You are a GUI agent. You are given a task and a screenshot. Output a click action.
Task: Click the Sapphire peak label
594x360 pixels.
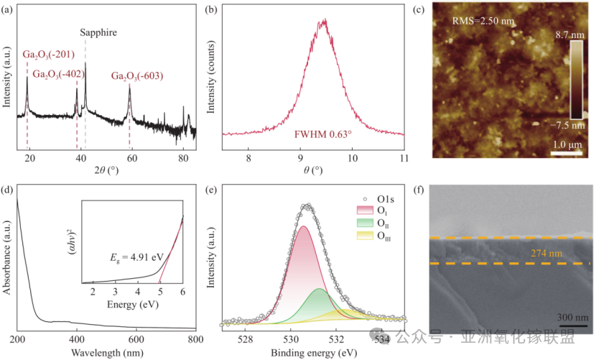click(98, 32)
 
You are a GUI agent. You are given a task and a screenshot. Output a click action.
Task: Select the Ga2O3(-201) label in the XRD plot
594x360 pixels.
click(49, 55)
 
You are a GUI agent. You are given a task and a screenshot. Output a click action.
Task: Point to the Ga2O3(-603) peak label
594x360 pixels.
click(137, 76)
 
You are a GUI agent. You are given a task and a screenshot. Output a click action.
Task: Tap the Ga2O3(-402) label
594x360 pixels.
click(59, 74)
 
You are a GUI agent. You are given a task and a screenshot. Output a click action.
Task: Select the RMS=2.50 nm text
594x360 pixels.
click(483, 21)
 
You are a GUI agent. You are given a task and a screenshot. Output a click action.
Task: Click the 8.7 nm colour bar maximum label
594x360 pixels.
click(570, 35)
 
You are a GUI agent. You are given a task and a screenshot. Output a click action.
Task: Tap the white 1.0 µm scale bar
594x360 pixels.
click(566, 154)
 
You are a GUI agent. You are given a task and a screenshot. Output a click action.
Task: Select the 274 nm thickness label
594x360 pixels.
click(547, 254)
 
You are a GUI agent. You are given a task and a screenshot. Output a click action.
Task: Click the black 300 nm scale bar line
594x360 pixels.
click(572, 325)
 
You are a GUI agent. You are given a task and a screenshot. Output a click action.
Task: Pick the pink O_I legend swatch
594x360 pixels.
click(365, 211)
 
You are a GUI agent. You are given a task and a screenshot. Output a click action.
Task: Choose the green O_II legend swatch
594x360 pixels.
click(365, 223)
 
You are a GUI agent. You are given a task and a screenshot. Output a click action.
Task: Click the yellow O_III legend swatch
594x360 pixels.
click(365, 235)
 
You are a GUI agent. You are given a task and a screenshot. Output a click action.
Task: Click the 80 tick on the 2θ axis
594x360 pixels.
click(183, 158)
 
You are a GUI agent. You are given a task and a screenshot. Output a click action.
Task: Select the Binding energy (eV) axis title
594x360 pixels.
click(314, 354)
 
